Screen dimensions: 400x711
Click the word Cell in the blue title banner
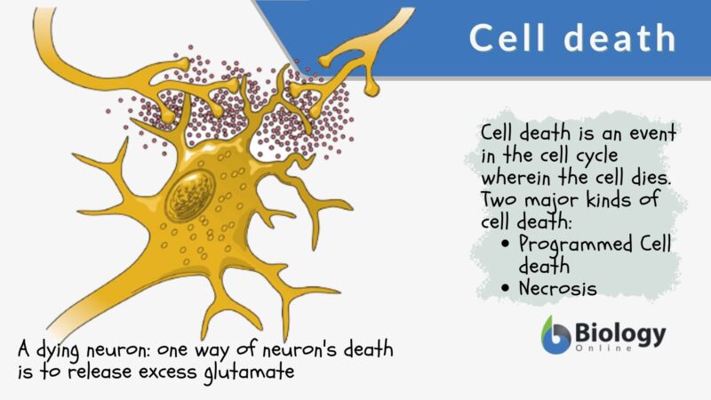coord(508,39)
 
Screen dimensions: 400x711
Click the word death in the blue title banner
coord(618,39)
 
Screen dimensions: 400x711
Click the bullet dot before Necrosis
coord(506,288)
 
